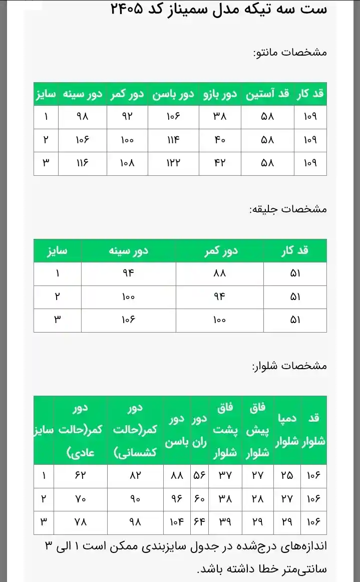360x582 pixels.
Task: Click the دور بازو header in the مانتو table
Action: coord(220,94)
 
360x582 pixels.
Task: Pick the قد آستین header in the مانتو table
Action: coord(267,94)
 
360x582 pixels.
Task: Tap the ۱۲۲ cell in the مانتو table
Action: coord(173,163)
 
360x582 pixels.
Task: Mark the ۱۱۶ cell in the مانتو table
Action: coord(82,163)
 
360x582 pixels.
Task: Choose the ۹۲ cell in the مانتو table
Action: coord(127,117)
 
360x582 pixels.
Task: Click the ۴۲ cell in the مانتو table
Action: coord(220,163)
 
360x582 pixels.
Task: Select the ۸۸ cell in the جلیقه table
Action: coord(219,274)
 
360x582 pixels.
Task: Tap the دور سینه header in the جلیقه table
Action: coord(128,250)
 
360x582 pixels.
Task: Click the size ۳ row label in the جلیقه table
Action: coord(57,320)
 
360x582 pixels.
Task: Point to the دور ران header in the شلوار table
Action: coord(200,431)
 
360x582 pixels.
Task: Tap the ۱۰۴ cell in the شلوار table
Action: coord(177,522)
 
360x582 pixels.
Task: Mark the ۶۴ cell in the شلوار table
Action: coord(200,522)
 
